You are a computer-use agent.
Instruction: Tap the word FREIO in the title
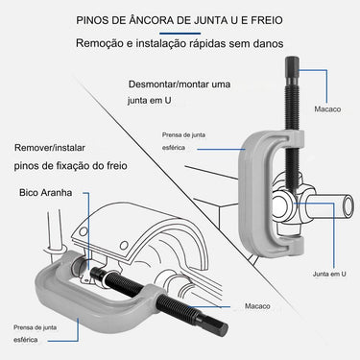coord(267,20)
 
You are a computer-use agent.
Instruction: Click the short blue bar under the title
coord(180,34)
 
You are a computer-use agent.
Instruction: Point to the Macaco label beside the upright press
coord(327,109)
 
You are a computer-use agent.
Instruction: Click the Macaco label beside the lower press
coord(257,306)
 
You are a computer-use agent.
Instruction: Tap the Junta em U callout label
coord(329,274)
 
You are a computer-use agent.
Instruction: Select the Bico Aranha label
coord(45,193)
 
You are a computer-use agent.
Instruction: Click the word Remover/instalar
coord(50,148)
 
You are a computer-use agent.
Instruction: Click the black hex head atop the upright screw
coord(292,70)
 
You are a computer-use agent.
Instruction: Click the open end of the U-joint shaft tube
coord(348,205)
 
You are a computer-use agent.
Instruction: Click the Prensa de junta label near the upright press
coord(183,135)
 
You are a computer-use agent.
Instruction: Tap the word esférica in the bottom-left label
coord(26,340)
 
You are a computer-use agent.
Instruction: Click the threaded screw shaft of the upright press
coord(292,134)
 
